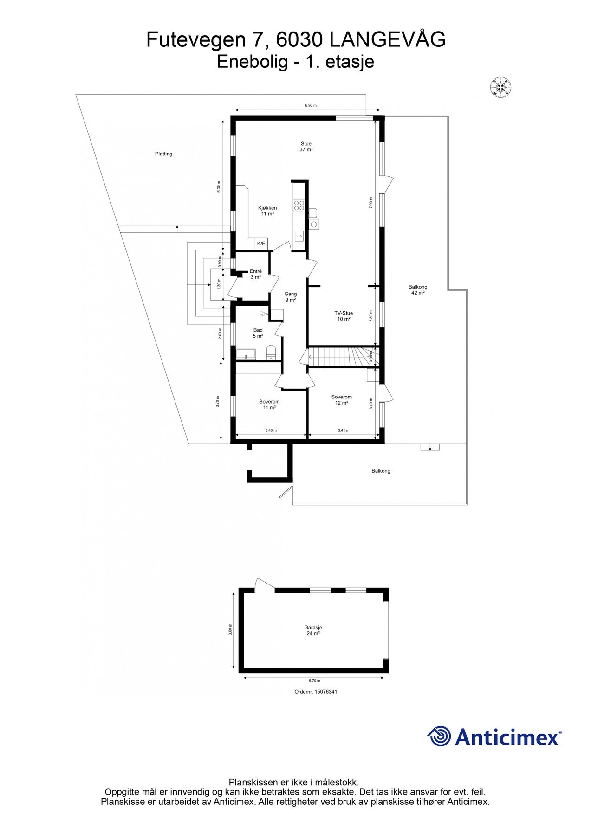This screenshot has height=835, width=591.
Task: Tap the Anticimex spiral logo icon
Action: point(438,737)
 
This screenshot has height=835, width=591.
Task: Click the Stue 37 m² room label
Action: point(306,147)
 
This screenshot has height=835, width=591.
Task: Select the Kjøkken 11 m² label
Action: point(267,211)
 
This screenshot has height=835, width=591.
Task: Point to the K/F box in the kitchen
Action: point(261,244)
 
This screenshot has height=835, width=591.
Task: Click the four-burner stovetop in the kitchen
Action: point(299,206)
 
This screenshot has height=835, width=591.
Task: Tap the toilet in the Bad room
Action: point(272,352)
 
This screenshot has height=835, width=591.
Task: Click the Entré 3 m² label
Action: point(255,274)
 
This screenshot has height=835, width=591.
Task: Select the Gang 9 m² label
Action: point(291,297)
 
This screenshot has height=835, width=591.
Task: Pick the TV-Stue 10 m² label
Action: point(344,316)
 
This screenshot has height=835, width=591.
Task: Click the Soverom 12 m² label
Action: point(341,400)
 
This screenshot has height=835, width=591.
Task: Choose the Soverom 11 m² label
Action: point(269,405)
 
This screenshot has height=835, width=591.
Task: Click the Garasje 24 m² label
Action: point(313,630)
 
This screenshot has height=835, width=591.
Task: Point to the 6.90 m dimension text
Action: point(311,106)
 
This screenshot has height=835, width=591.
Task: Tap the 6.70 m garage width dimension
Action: point(314,681)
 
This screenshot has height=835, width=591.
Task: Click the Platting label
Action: point(163,154)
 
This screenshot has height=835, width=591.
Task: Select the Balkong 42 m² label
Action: point(418,290)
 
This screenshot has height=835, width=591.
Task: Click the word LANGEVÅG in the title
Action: point(387,40)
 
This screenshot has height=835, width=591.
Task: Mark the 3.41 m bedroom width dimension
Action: point(343,430)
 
